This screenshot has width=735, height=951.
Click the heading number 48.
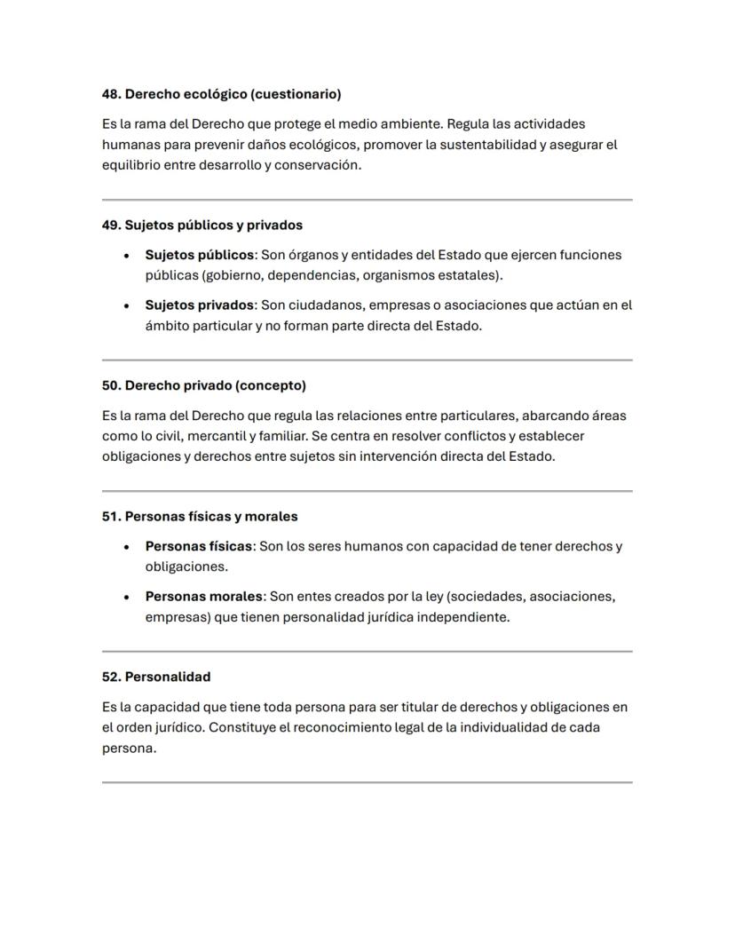point(109,94)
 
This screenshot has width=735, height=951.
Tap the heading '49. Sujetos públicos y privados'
point(202,226)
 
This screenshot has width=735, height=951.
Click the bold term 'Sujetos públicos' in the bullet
point(200,255)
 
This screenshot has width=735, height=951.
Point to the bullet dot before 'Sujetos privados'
point(127,306)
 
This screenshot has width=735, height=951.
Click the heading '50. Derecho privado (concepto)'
point(203,386)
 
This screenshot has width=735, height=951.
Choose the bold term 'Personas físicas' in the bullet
point(199,546)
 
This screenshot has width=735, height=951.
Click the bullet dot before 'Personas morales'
point(127,598)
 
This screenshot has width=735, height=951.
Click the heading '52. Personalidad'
point(156,678)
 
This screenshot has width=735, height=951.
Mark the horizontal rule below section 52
point(367,782)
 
